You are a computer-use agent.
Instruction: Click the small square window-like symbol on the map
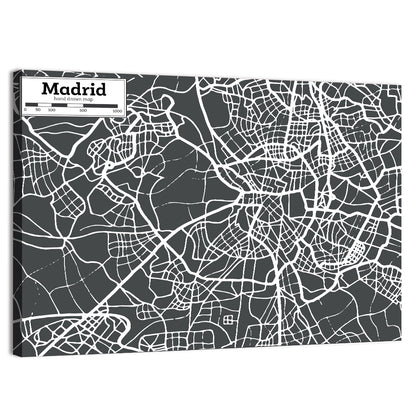228,320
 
